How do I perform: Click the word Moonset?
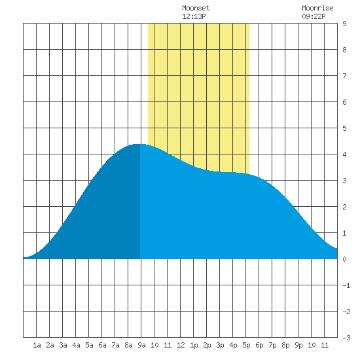click(196, 8)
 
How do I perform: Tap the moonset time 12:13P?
click(194, 16)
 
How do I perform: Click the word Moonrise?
click(317, 8)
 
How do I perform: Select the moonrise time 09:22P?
click(314, 16)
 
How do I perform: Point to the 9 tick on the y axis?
click(344, 24)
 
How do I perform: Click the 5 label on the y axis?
click(344, 128)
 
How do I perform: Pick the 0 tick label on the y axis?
click(344, 259)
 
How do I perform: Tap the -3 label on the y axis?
click(346, 338)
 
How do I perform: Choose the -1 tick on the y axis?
click(346, 285)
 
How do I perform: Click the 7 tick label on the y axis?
click(344, 76)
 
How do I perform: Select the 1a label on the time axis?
click(37, 345)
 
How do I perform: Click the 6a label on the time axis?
click(102, 345)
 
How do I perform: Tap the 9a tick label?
click(141, 345)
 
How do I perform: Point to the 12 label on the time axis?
click(181, 345)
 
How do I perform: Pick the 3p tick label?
click(220, 345)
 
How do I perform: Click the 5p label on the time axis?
click(246, 345)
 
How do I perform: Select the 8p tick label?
click(285, 345)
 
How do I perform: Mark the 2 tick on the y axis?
click(344, 207)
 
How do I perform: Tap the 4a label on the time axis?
click(76, 345)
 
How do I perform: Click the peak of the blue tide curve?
click(140, 144)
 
